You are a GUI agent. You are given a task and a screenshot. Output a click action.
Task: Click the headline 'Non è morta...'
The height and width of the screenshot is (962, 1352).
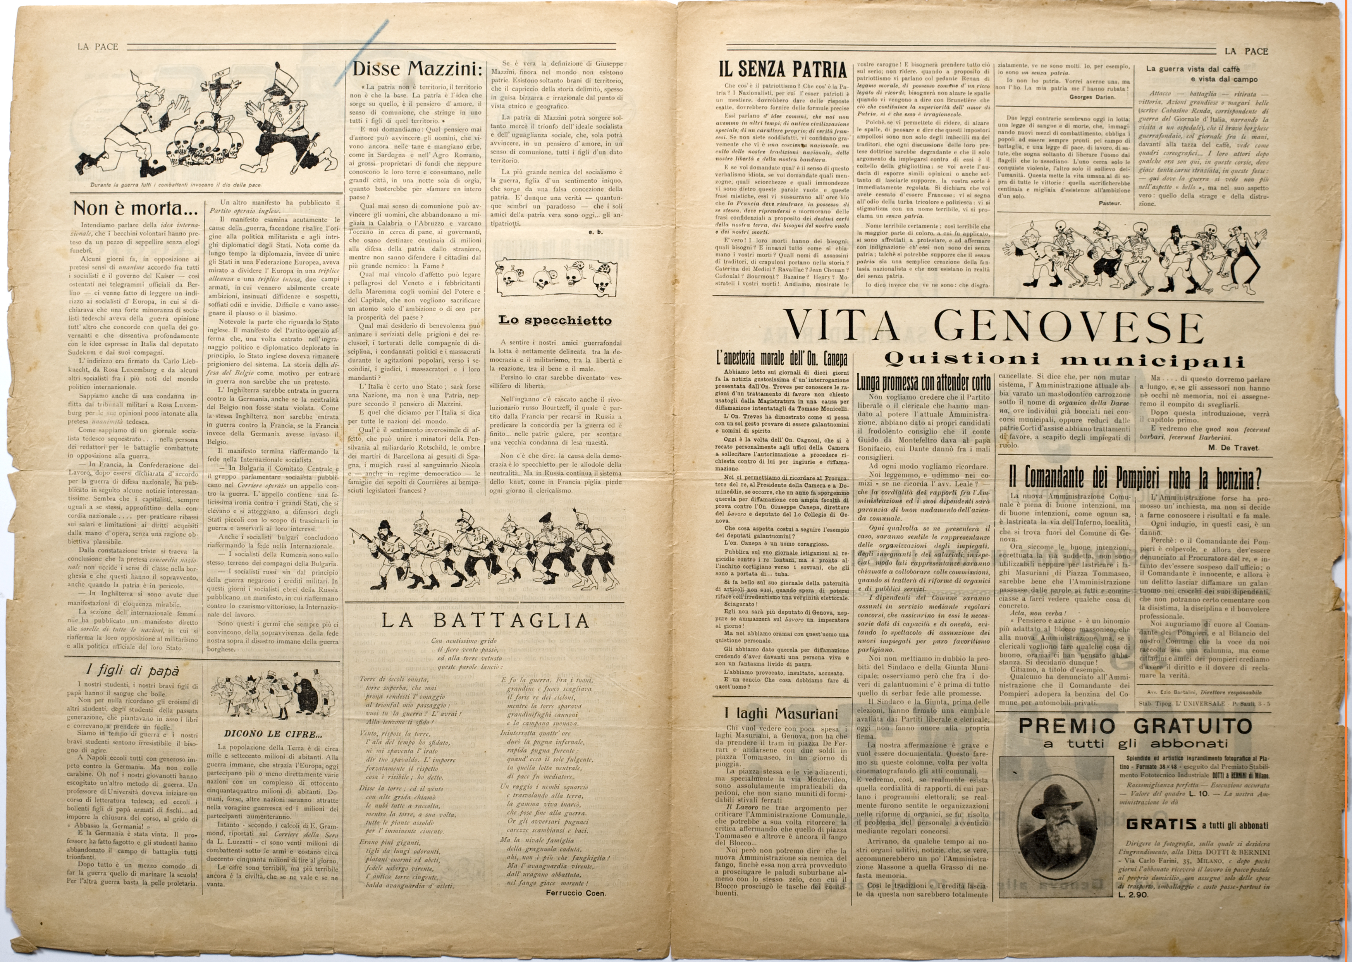(x=135, y=208)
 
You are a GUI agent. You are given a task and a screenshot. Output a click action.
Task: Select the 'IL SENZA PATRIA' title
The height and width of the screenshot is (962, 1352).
(x=782, y=70)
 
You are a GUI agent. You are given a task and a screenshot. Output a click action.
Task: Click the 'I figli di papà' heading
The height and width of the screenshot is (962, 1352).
(x=132, y=670)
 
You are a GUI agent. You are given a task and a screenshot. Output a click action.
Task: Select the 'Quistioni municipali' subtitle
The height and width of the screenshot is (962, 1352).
(x=1064, y=359)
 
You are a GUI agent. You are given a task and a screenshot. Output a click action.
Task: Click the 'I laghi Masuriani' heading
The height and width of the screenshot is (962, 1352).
(x=781, y=714)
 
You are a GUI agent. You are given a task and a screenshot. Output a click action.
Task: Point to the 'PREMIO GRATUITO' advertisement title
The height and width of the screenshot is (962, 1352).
(x=1134, y=726)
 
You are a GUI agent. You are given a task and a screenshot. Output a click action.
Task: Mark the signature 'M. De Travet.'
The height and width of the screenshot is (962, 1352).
(x=1233, y=447)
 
